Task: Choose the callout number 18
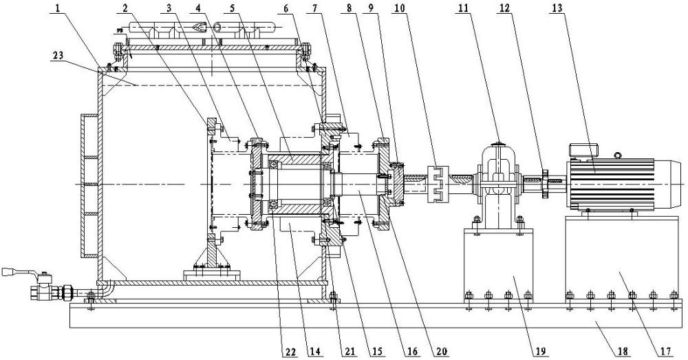point(623,351)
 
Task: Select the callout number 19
point(540,351)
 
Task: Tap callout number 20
point(439,351)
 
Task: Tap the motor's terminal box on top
point(581,150)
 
